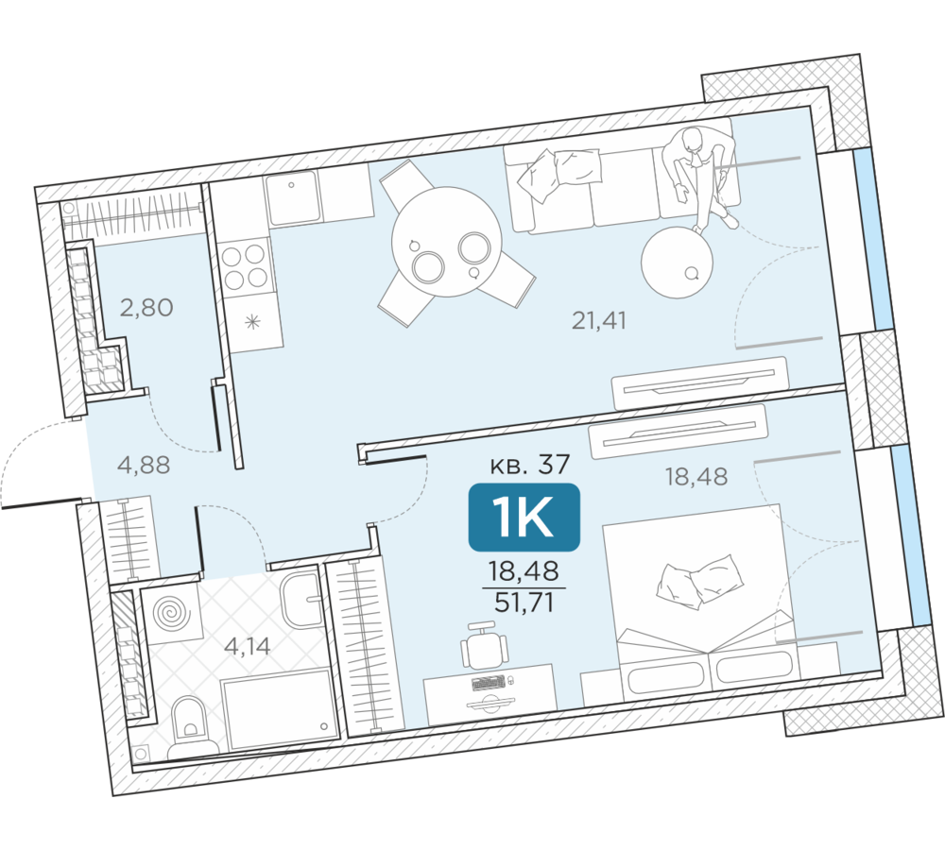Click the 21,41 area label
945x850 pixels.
pos(598,320)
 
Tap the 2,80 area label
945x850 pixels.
pos(146,307)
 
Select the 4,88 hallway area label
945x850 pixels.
pos(144,465)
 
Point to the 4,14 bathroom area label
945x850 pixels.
pos(247,646)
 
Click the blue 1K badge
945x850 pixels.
pos(524,517)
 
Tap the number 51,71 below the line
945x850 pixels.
pos(524,602)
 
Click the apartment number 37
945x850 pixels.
pos(553,464)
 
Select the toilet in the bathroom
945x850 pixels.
pos(191,726)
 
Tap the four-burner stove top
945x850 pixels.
pos(244,267)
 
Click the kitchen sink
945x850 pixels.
pos(292,196)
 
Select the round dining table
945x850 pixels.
pos(446,242)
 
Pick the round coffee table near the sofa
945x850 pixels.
pos(677,262)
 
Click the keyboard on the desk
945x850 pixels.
pos(489,683)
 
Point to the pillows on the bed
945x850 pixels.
pos(699,581)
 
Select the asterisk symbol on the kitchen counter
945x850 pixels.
pos(252,322)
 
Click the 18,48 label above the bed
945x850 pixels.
pos(696,477)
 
